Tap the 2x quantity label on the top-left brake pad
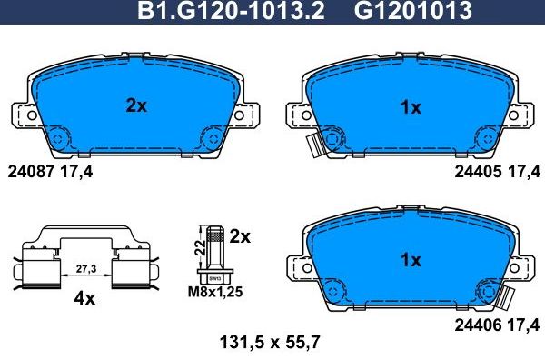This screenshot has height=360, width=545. [135, 105]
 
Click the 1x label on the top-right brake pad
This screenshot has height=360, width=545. [411, 107]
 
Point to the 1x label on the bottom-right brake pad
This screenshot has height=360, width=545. [411, 260]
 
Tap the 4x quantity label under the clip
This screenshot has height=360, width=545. [84, 297]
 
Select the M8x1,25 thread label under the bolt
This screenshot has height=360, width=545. [213, 293]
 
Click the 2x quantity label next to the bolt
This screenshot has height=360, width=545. [239, 236]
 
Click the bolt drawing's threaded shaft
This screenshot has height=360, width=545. [214, 249]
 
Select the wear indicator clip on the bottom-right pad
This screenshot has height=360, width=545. [509, 296]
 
